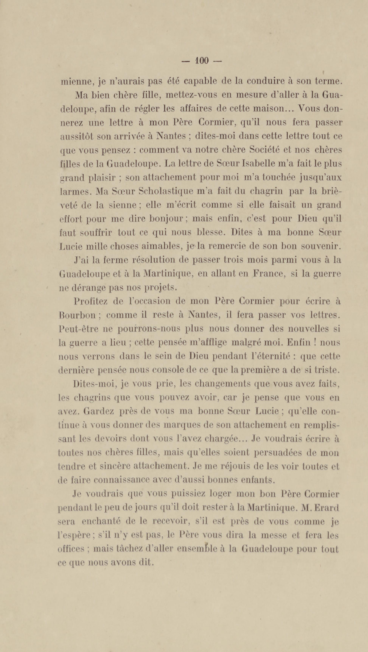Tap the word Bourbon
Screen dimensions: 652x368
click(77, 315)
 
